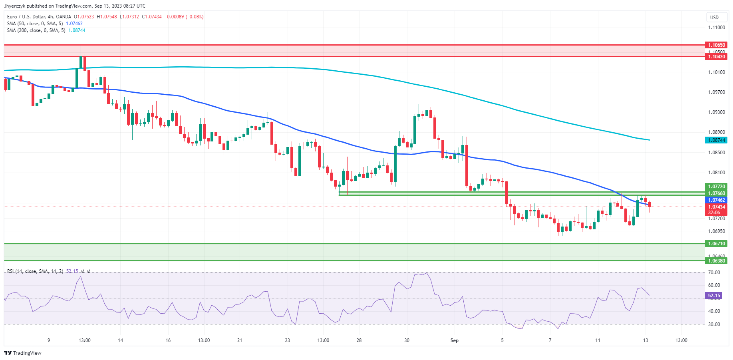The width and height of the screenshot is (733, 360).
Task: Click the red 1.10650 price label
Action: pyautogui.click(x=716, y=45)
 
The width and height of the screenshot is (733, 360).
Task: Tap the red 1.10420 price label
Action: pyautogui.click(x=716, y=57)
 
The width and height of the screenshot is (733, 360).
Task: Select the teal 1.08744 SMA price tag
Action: pyautogui.click(x=716, y=140)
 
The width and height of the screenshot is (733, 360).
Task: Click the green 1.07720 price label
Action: pyautogui.click(x=716, y=187)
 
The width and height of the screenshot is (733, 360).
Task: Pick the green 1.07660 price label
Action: pyautogui.click(x=716, y=193)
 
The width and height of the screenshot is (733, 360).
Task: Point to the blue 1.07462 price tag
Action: pyautogui.click(x=716, y=200)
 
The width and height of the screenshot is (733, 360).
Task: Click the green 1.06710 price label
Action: pyautogui.click(x=716, y=243)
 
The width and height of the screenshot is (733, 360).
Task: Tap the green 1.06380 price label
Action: pyautogui.click(x=716, y=261)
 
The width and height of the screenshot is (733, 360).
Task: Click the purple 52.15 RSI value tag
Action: pyautogui.click(x=714, y=296)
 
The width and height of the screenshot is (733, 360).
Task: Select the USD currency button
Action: pyautogui.click(x=714, y=17)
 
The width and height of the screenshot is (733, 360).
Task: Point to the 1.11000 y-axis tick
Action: pyautogui.click(x=716, y=28)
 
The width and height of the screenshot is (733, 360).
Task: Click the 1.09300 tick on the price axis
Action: pyautogui.click(x=716, y=112)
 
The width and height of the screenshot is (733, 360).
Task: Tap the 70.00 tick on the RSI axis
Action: pyautogui.click(x=714, y=272)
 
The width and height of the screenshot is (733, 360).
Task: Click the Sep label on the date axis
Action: pyautogui.click(x=454, y=340)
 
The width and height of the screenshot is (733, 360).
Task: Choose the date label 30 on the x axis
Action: pyautogui.click(x=407, y=340)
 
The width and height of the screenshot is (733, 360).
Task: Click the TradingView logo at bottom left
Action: pyautogui.click(x=23, y=353)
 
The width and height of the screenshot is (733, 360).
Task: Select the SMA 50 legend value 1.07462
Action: pyautogui.click(x=74, y=24)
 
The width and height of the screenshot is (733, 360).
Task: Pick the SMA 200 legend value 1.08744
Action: pyautogui.click(x=77, y=30)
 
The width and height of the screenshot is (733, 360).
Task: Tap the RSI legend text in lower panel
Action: pyautogui.click(x=35, y=271)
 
